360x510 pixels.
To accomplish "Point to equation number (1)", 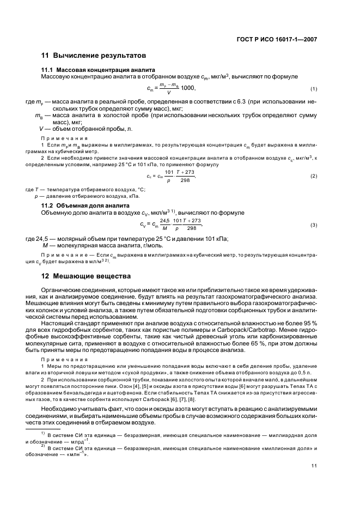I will click(x=314, y=89).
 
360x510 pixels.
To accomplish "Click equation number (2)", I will click(x=314, y=176).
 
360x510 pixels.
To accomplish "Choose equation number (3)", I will click(x=314, y=225).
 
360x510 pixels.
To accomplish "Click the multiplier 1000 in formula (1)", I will click(x=188, y=88).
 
